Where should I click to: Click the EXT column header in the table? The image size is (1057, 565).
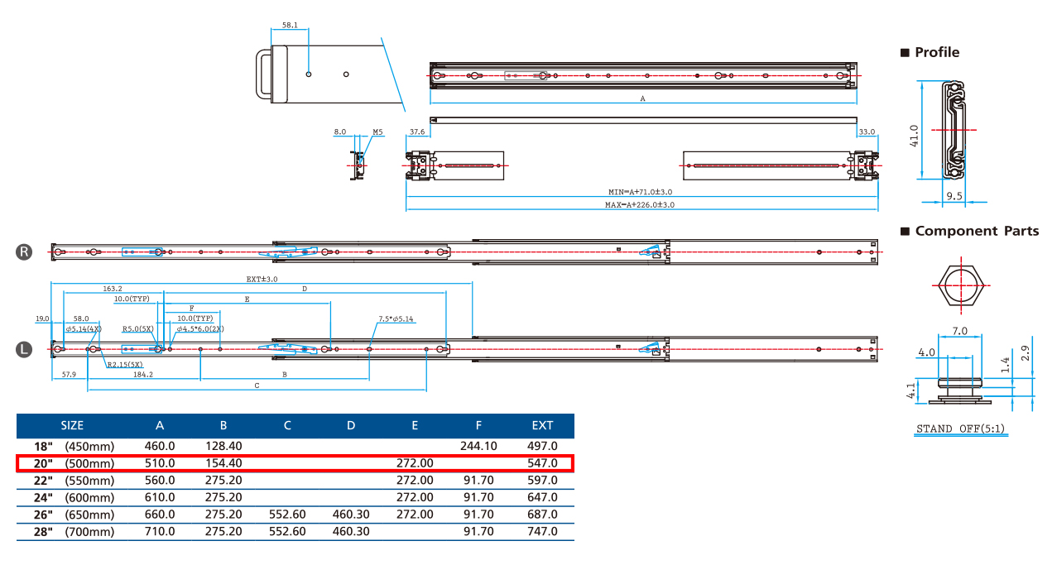pos(542,426)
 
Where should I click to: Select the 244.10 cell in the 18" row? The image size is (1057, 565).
pos(478,446)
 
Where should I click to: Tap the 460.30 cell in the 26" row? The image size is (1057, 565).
pos(351,515)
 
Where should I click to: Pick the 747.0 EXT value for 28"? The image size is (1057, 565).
pos(542,532)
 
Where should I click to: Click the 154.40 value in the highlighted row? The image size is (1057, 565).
pos(223,463)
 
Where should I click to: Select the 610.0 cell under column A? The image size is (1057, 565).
pos(160,497)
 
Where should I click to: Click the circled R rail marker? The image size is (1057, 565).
pos(25,252)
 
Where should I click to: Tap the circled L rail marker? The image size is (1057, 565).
pos(25,350)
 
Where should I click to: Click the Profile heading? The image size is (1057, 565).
pos(936,52)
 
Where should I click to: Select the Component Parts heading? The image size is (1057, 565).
pos(976,232)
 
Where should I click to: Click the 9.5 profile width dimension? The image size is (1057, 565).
pos(954,197)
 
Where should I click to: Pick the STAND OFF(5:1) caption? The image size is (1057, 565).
pos(960,429)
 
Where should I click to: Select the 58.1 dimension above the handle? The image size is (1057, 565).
pos(290,26)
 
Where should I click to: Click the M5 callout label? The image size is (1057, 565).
pos(377,132)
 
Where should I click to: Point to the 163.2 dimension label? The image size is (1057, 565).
pos(113,289)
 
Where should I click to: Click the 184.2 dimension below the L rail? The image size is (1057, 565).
pos(142,375)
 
